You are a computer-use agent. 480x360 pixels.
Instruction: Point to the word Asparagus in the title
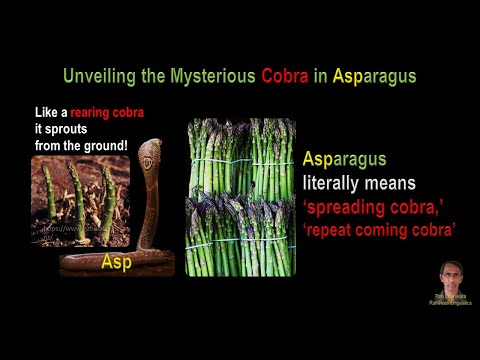pyautogui.click(x=369, y=76)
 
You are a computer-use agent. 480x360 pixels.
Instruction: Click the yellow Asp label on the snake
pyautogui.click(x=118, y=262)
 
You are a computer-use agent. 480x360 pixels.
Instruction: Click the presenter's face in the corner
pyautogui.click(x=451, y=275)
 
